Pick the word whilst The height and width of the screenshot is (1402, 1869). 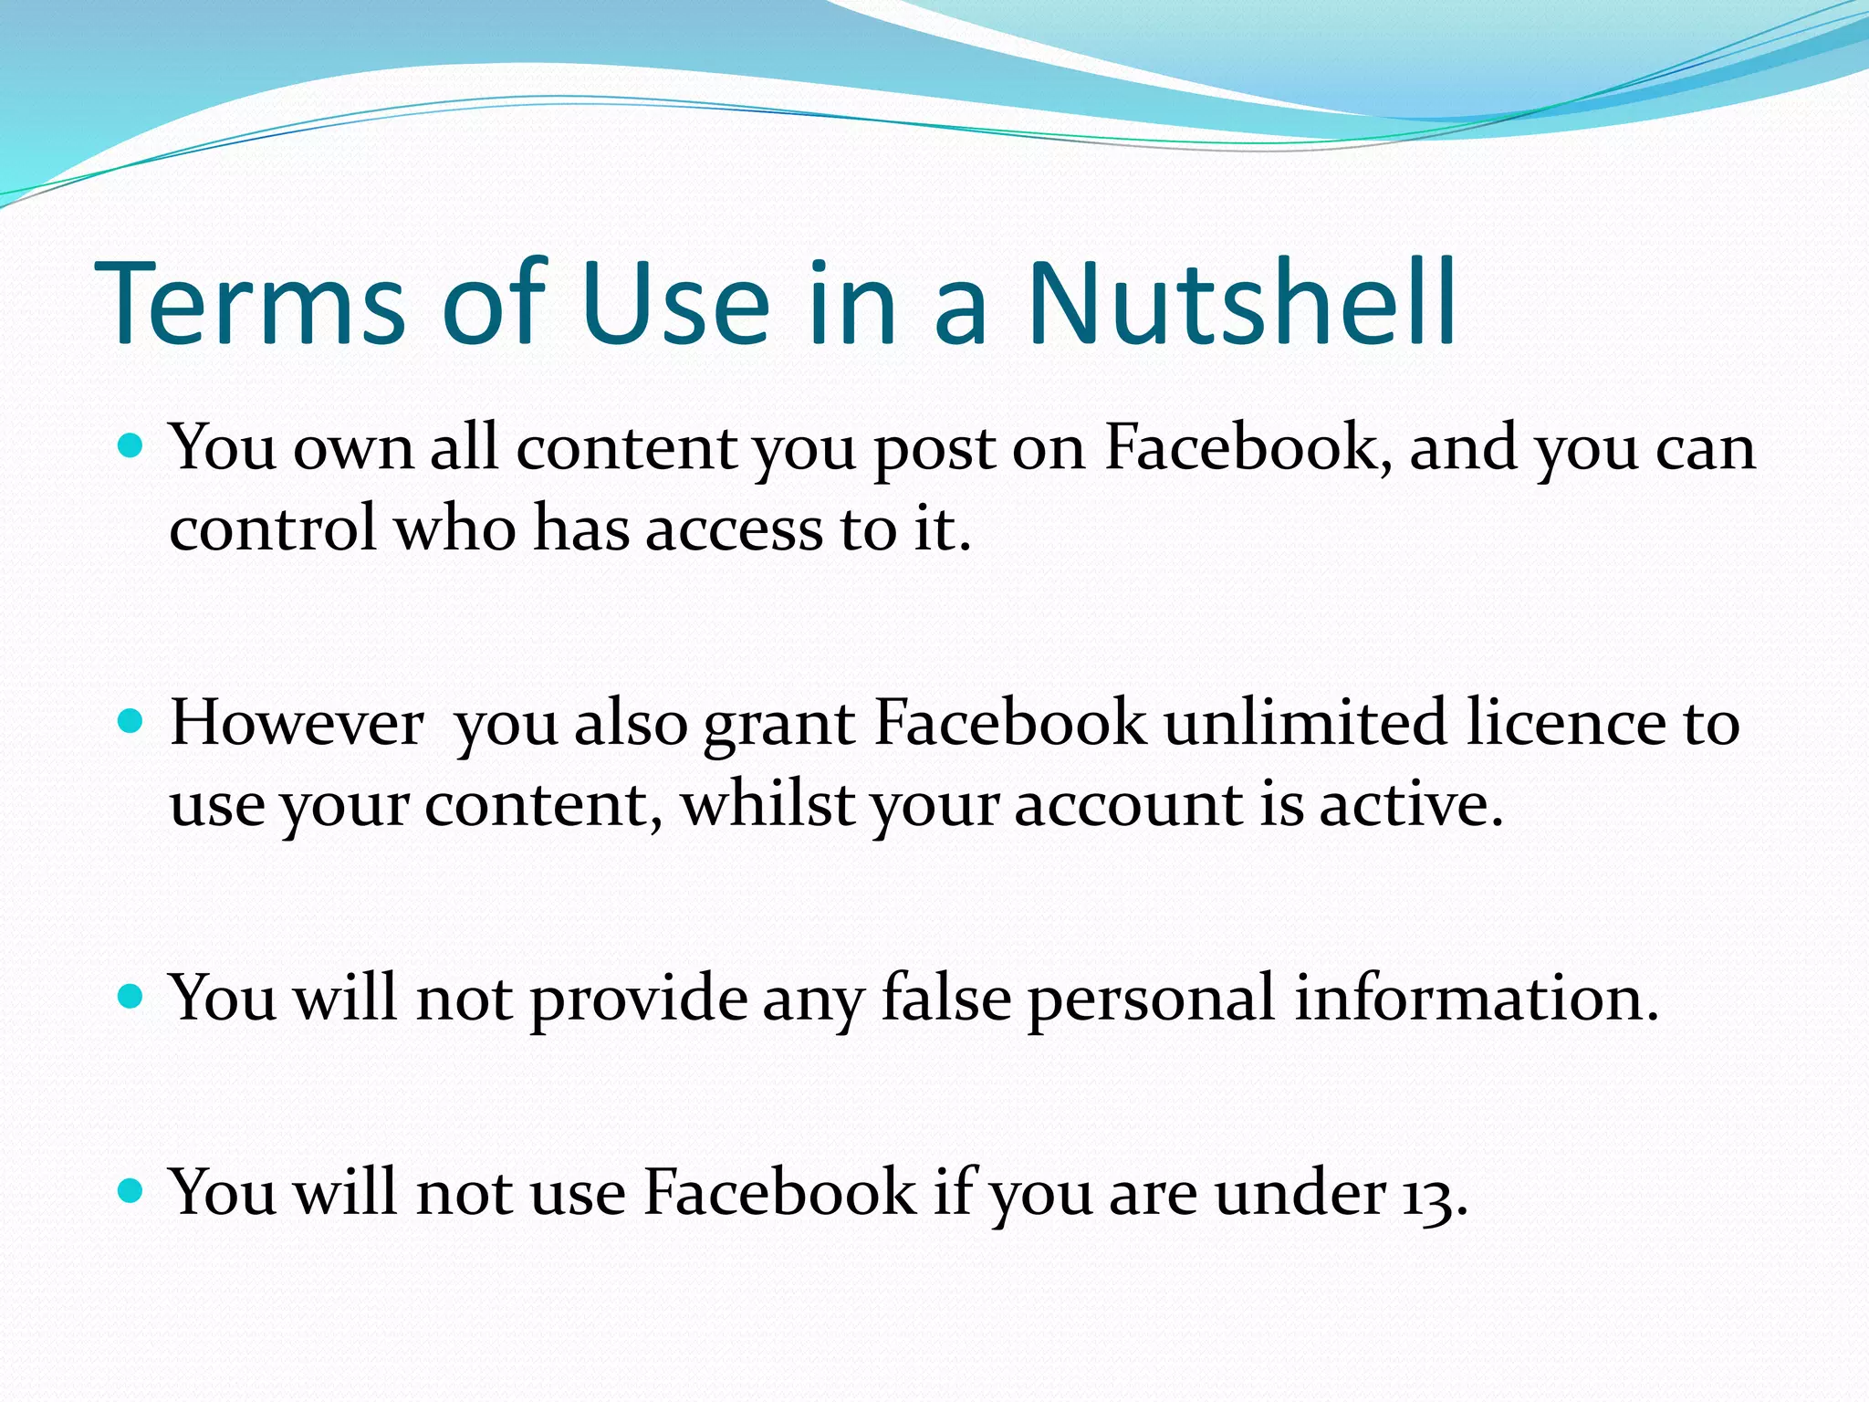point(767,805)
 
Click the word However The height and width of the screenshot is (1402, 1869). point(298,723)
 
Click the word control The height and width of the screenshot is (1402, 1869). point(273,528)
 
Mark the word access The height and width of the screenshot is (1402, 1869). point(734,530)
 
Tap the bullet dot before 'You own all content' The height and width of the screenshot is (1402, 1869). point(132,447)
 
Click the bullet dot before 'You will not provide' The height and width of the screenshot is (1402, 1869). point(132,997)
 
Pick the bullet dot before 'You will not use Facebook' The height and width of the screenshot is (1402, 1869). point(132,1191)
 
